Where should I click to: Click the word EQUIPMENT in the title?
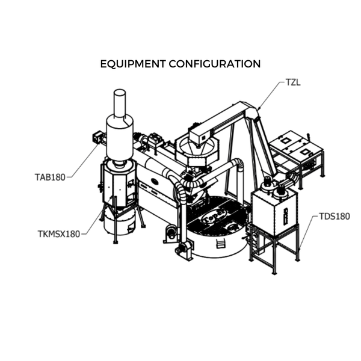click(x=132, y=64)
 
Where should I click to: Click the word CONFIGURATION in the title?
click(x=215, y=64)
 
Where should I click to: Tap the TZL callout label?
click(x=293, y=82)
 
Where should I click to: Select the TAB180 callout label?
click(x=50, y=177)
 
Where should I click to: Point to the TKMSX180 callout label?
click(x=59, y=234)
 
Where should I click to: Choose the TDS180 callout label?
click(x=335, y=217)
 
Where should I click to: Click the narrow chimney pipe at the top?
click(x=120, y=103)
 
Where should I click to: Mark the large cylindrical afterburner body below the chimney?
click(x=120, y=138)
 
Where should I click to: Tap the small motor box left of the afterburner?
click(x=97, y=137)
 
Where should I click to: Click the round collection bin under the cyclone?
click(x=120, y=221)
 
